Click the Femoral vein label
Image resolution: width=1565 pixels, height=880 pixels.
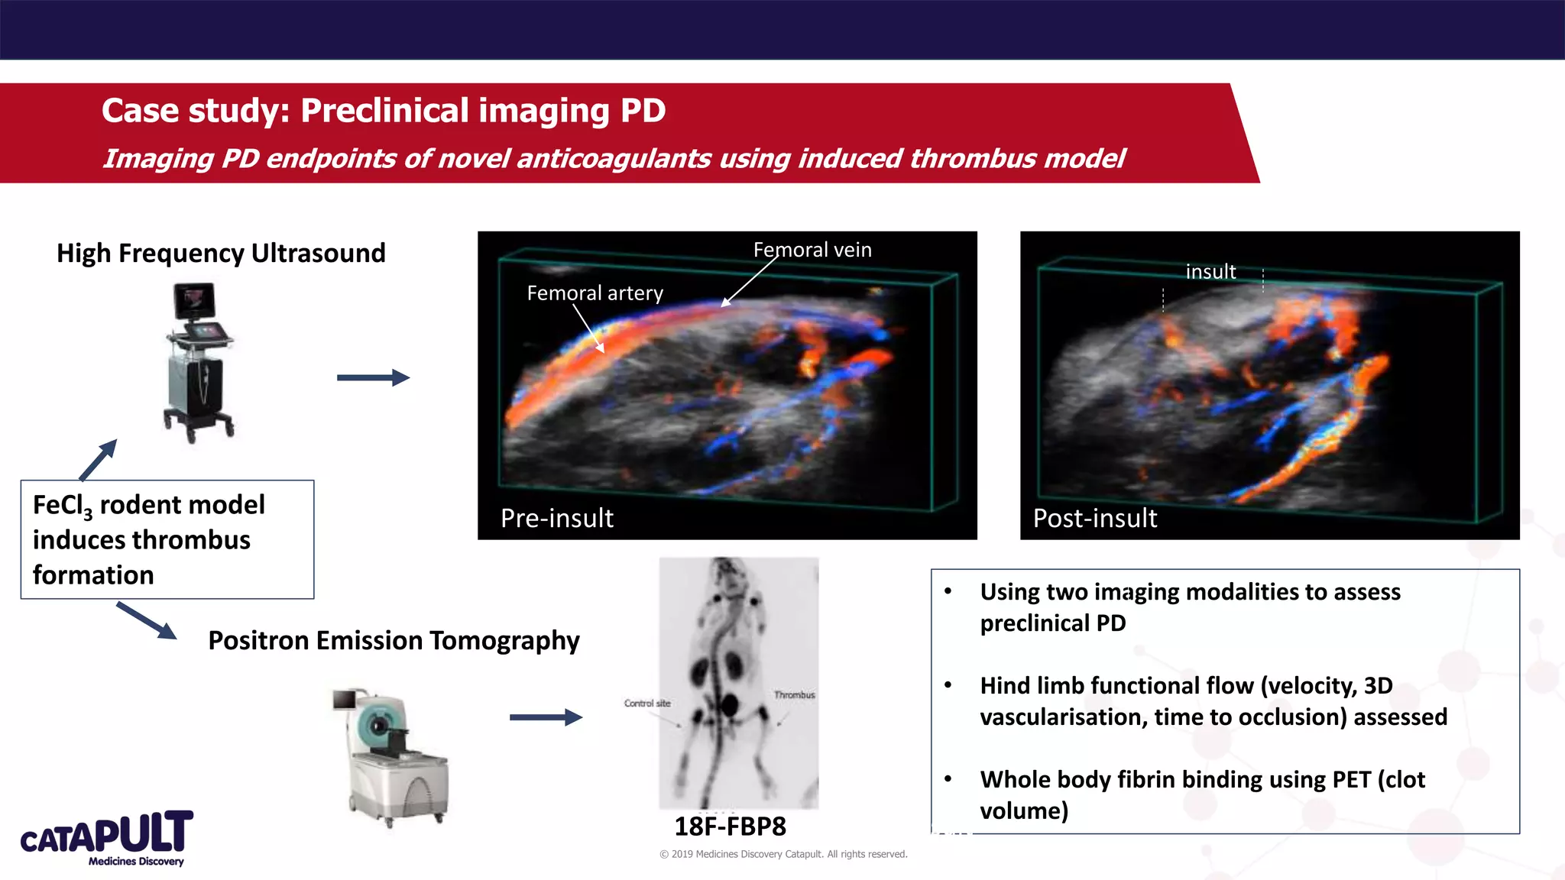pyautogui.click(x=812, y=250)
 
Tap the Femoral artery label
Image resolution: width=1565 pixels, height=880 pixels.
pyautogui.click(x=595, y=293)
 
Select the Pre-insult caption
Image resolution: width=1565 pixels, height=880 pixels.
pyautogui.click(x=556, y=518)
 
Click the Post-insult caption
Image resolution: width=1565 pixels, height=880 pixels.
pyautogui.click(x=1094, y=518)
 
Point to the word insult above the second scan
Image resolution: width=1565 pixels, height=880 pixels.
pyautogui.click(x=1210, y=271)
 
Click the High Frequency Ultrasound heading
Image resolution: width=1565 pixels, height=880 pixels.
pyautogui.click(x=221, y=253)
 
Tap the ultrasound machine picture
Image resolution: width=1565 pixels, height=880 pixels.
pyautogui.click(x=199, y=362)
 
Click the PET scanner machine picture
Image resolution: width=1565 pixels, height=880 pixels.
pyautogui.click(x=392, y=756)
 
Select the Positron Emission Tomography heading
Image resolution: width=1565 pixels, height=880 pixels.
pyautogui.click(x=394, y=640)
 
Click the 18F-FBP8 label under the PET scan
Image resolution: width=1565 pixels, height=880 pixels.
pyautogui.click(x=730, y=827)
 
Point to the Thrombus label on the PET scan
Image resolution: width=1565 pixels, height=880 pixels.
pyautogui.click(x=794, y=694)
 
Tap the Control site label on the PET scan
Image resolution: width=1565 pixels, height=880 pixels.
pyautogui.click(x=646, y=703)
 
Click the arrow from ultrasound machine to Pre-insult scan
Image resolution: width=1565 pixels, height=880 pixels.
pyautogui.click(x=373, y=377)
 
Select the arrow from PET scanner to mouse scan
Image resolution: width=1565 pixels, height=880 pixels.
pyautogui.click(x=546, y=717)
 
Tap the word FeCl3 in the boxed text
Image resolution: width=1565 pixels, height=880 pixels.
pyautogui.click(x=62, y=506)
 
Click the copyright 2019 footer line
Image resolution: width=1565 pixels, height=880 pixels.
pyautogui.click(x=783, y=854)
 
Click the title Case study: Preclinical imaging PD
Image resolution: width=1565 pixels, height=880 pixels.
pyautogui.click(x=384, y=111)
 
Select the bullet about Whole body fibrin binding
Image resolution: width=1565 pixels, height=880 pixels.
pyautogui.click(x=1202, y=794)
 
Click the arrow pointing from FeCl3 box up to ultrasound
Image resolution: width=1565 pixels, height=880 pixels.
pyautogui.click(x=99, y=460)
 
